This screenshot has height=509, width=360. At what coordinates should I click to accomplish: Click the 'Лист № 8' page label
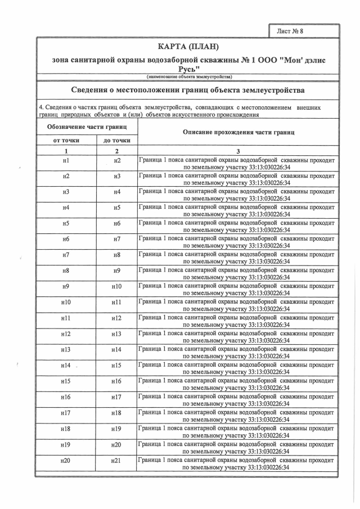pyautogui.click(x=290, y=31)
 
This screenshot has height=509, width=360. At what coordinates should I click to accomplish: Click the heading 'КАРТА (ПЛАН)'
pyautogui.click(x=188, y=46)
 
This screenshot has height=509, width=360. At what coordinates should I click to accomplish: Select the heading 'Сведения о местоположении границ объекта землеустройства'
pyautogui.click(x=188, y=90)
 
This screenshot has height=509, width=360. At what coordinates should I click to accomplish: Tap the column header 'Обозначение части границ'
pyautogui.click(x=87, y=128)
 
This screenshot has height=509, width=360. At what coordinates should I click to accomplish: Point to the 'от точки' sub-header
pyautogui.click(x=66, y=140)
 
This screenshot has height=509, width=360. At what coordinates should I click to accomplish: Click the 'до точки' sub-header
pyautogui.click(x=117, y=140)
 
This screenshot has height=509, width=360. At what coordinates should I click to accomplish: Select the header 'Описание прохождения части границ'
pyautogui.click(x=238, y=132)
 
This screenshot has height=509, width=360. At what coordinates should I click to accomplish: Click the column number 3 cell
pyautogui.click(x=238, y=151)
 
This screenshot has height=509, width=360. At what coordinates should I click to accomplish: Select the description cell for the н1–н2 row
pyautogui.click(x=238, y=164)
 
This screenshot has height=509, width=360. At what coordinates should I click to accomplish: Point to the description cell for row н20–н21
pyautogui.click(x=238, y=463)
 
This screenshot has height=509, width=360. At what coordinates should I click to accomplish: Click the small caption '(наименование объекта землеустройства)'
pyautogui.click(x=188, y=76)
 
